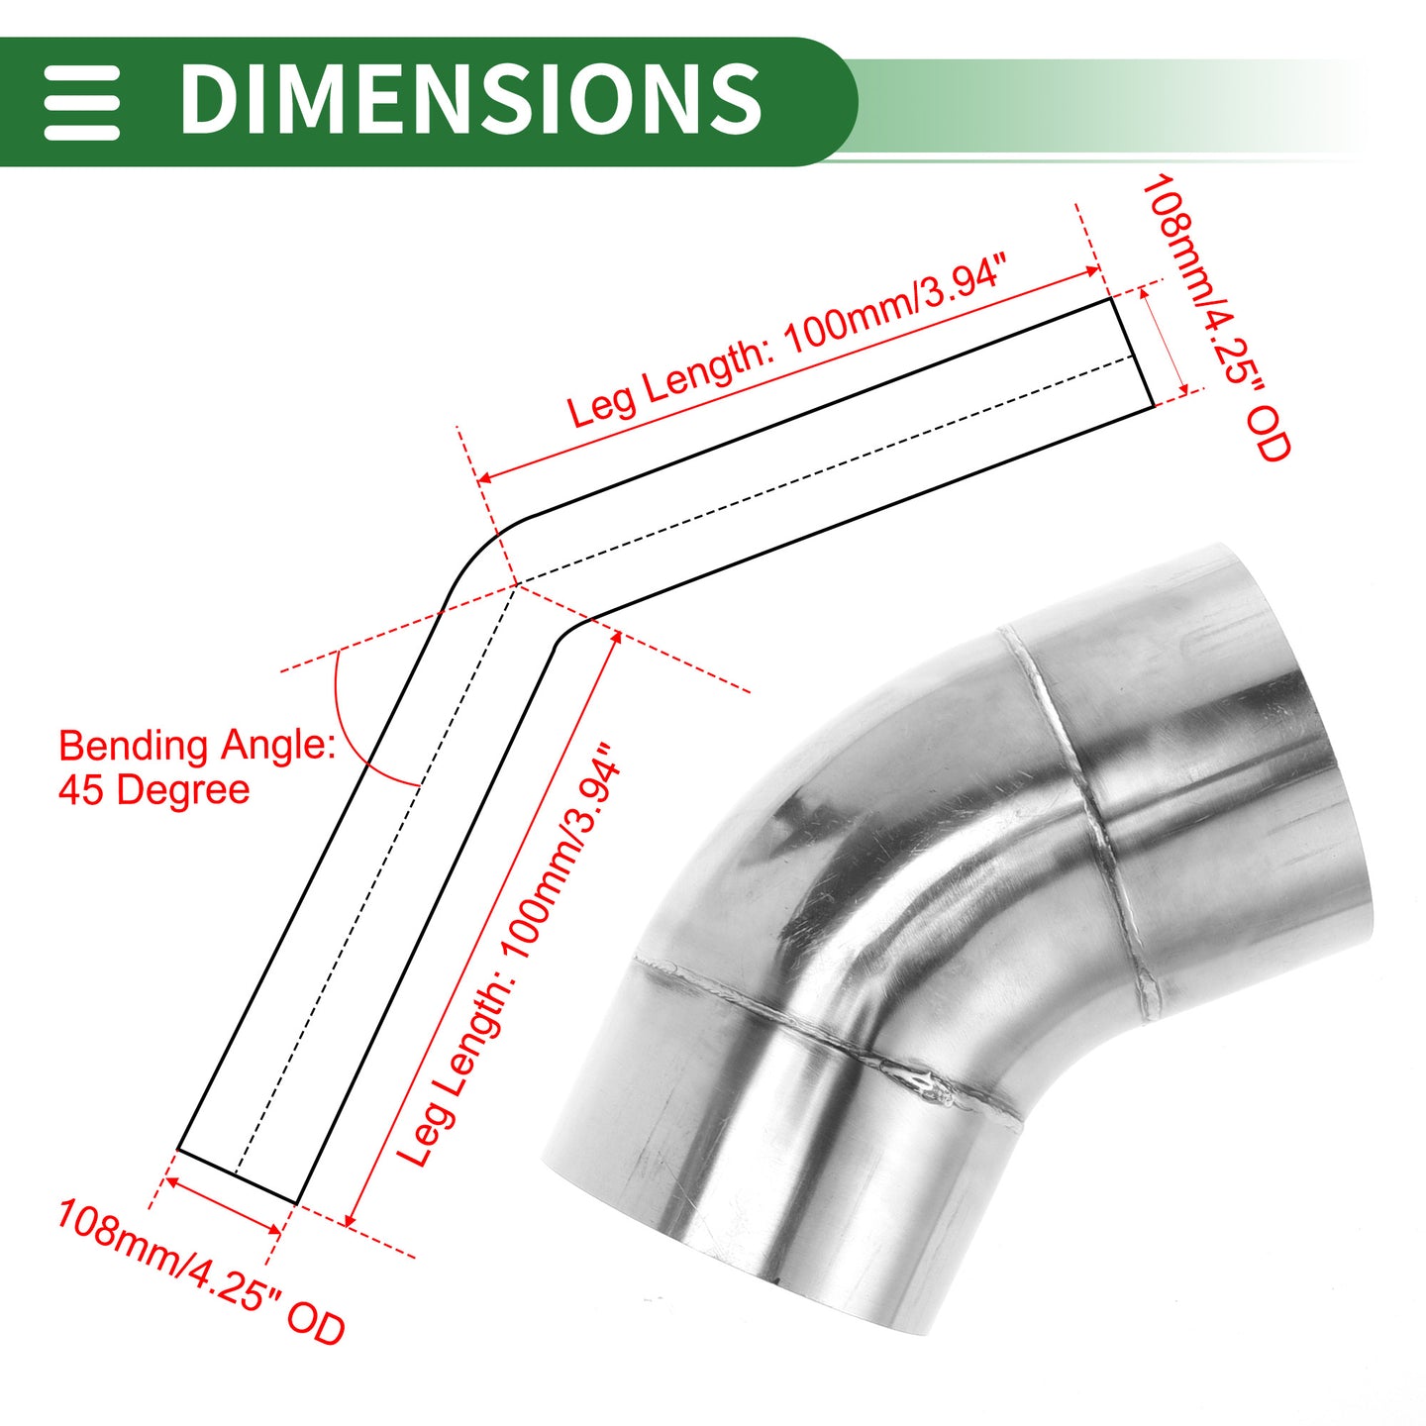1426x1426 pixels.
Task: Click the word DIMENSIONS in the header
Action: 470,99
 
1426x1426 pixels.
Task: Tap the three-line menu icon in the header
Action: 81,102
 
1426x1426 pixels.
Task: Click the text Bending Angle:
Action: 197,746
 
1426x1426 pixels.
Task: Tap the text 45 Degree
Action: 153,790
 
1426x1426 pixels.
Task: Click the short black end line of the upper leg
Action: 1132,353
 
